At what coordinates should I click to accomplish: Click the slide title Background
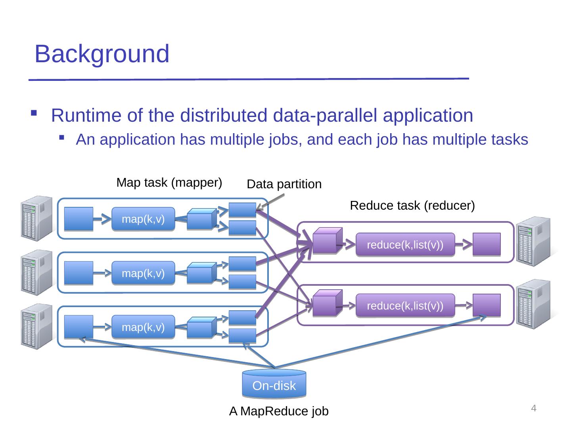tap(102, 54)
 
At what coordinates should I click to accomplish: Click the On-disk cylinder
tap(274, 384)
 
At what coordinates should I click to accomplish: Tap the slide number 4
tap(534, 408)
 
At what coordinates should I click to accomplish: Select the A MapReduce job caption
tap(279, 412)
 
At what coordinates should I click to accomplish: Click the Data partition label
tap(284, 184)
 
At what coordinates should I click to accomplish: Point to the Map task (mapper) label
tap(169, 183)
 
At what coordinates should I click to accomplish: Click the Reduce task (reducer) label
tap(412, 206)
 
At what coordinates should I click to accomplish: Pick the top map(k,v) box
tap(143, 219)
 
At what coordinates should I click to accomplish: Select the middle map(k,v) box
tap(143, 273)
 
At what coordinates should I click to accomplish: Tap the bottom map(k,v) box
tap(143, 327)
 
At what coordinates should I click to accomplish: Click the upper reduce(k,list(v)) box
tap(405, 245)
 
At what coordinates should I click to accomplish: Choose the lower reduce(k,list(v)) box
tap(405, 306)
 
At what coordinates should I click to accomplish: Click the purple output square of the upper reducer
tap(487, 244)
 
